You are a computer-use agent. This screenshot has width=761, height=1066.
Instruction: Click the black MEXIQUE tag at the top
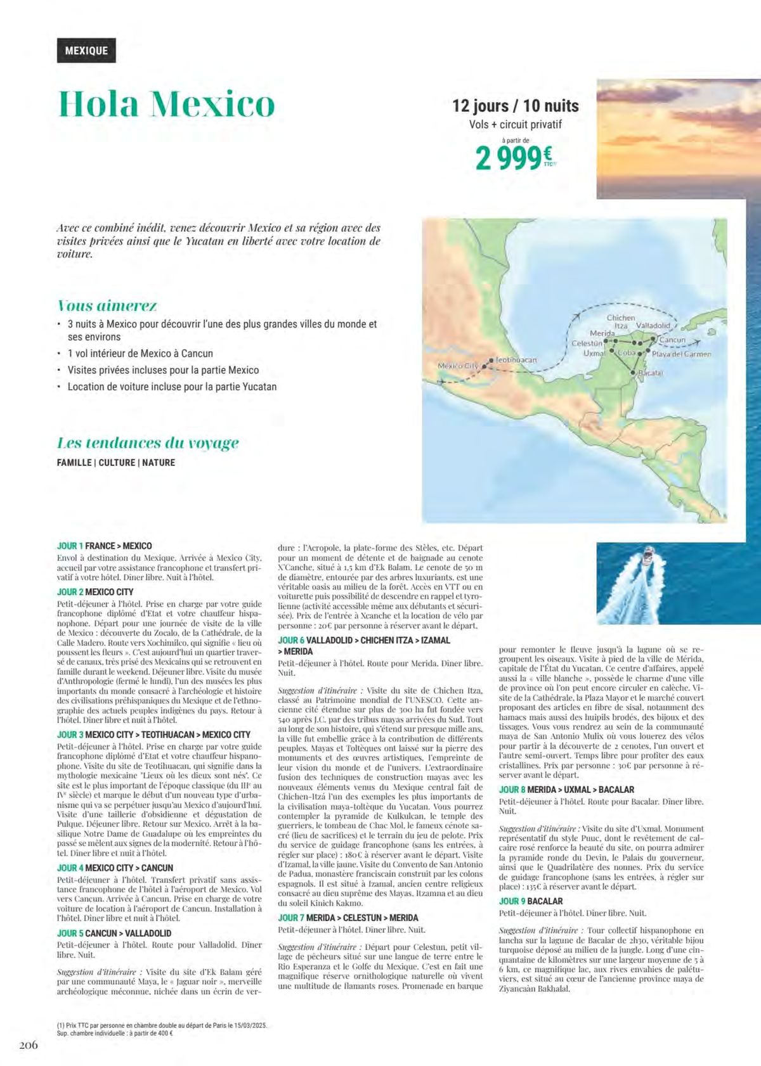(x=86, y=50)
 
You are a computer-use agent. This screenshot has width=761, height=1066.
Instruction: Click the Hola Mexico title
(x=167, y=104)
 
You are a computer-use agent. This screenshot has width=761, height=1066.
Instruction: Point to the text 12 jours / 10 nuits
(x=515, y=105)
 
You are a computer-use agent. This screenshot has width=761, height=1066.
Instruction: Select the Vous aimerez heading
(x=107, y=305)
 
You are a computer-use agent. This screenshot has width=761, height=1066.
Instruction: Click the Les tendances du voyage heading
(x=148, y=442)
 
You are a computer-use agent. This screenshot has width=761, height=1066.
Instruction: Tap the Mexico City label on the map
(x=458, y=366)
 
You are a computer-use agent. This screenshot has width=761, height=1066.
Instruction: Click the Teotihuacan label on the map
(x=516, y=359)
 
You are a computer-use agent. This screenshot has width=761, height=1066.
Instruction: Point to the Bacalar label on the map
(x=650, y=373)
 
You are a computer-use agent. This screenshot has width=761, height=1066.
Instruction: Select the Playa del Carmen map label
(x=682, y=354)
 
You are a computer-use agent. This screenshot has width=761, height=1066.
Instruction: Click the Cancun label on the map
(x=672, y=340)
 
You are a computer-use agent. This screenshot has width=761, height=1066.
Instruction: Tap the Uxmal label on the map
(x=594, y=353)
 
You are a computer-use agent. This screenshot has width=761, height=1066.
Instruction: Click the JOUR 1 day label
(x=70, y=546)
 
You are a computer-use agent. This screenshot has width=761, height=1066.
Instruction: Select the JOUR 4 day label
(x=70, y=868)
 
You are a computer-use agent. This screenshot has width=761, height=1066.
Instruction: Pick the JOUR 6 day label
(x=291, y=640)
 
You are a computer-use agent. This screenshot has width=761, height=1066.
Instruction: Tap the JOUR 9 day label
(x=512, y=901)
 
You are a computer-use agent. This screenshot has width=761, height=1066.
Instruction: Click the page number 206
(x=28, y=1044)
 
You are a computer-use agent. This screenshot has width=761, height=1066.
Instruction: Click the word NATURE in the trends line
(x=159, y=463)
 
